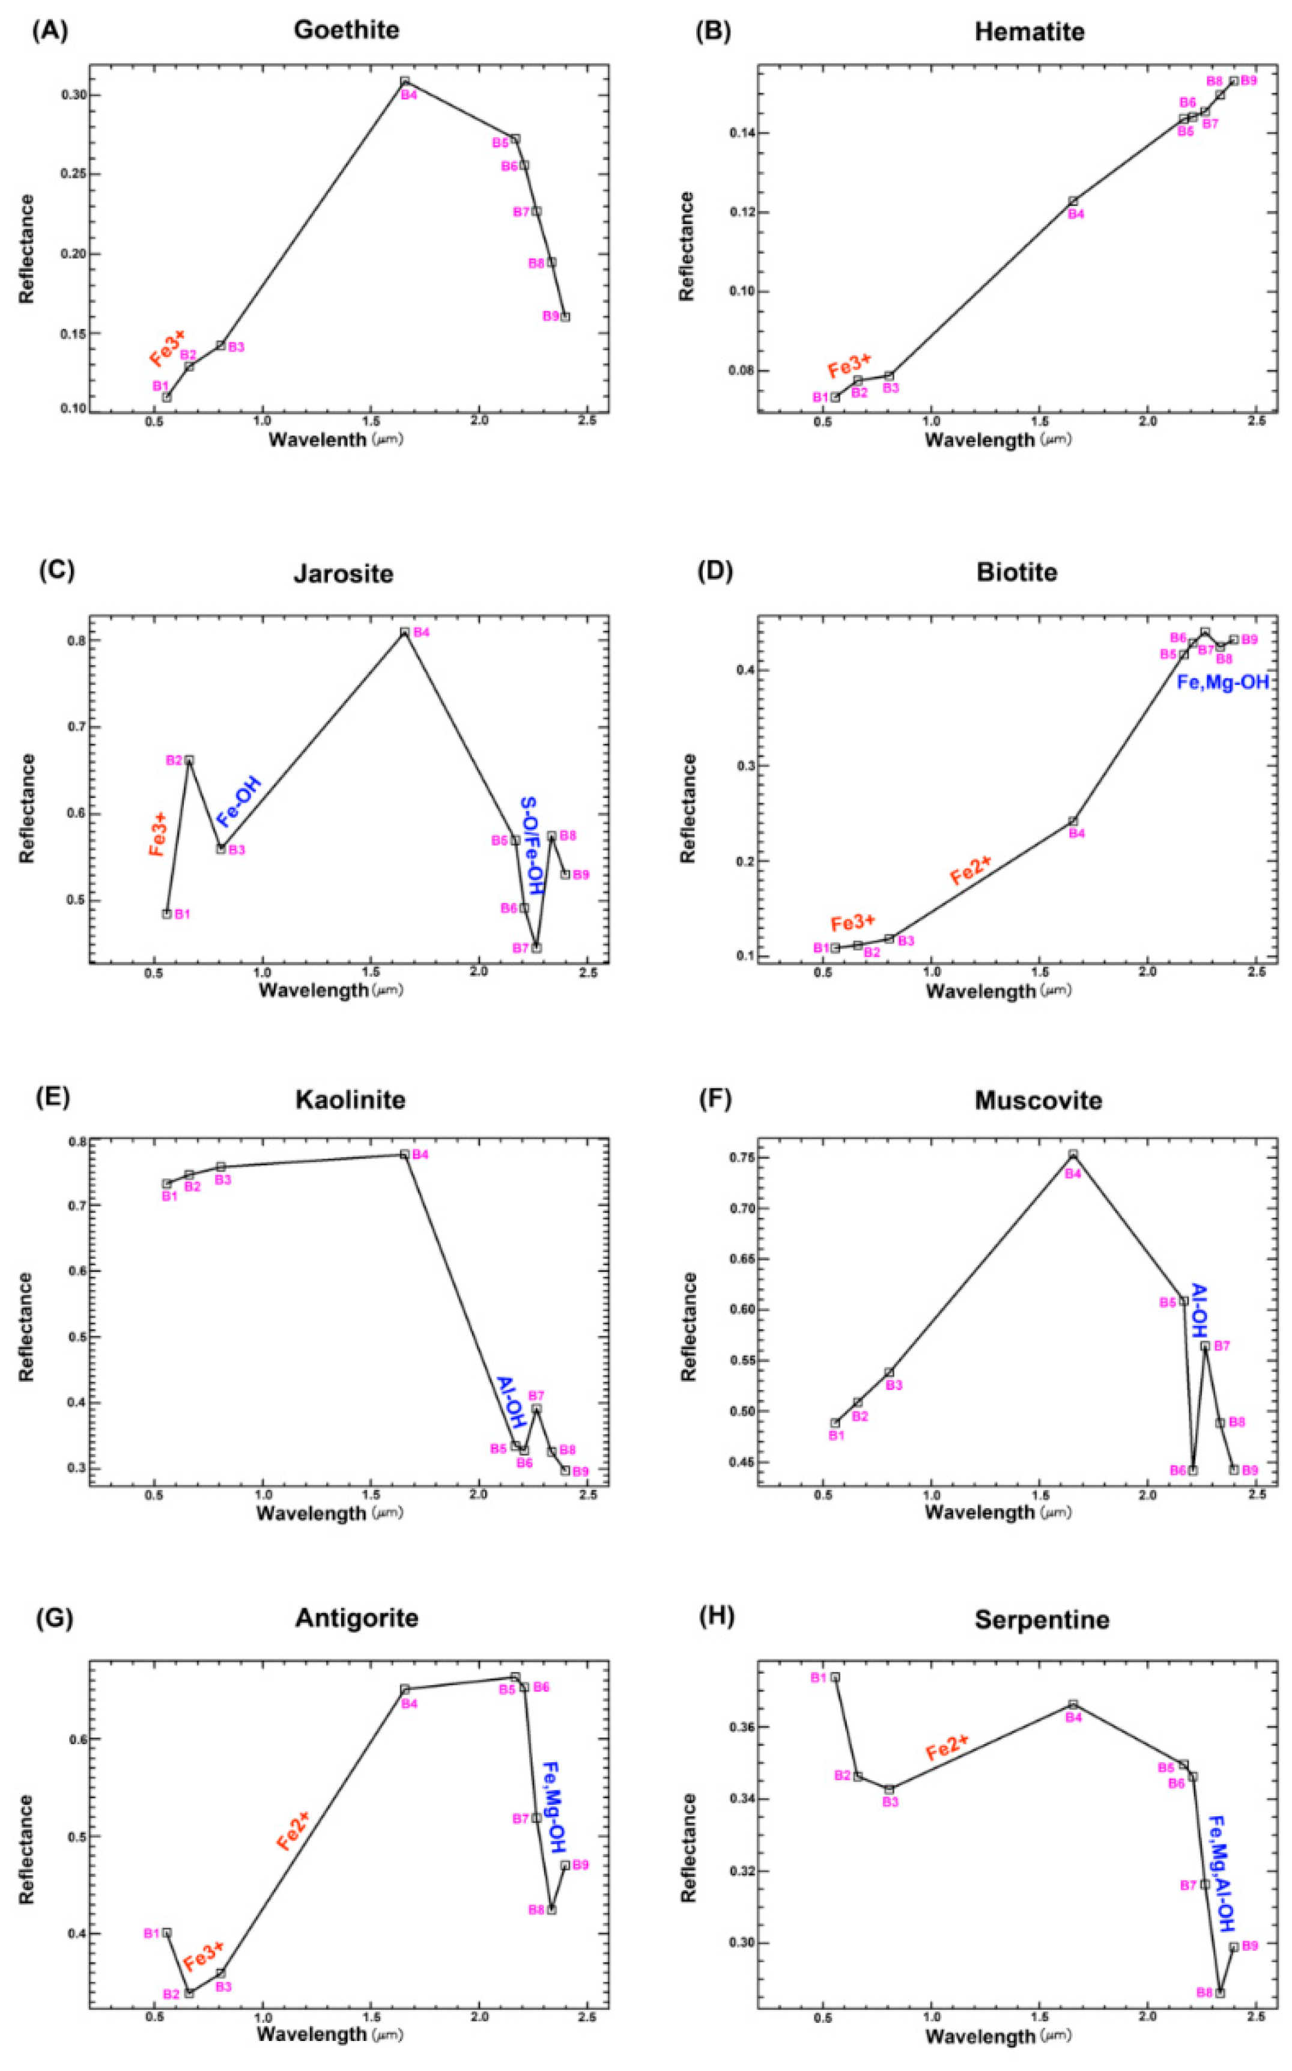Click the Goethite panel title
pos(346,31)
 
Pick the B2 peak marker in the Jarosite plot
pos(189,760)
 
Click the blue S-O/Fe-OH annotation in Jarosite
pos(532,846)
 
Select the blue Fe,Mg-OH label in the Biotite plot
pos(1223,682)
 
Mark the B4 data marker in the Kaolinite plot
pos(405,1154)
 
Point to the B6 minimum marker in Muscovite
pos(1193,1470)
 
